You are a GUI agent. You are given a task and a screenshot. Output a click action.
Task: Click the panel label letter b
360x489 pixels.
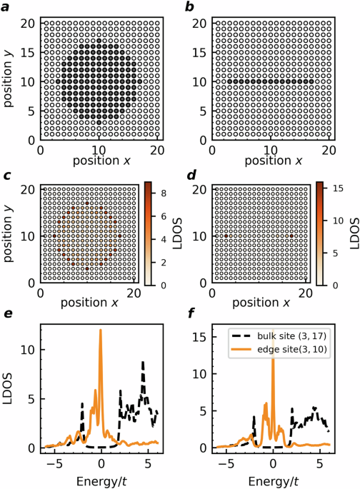189,7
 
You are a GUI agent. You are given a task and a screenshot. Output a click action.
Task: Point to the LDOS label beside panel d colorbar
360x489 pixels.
355,233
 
